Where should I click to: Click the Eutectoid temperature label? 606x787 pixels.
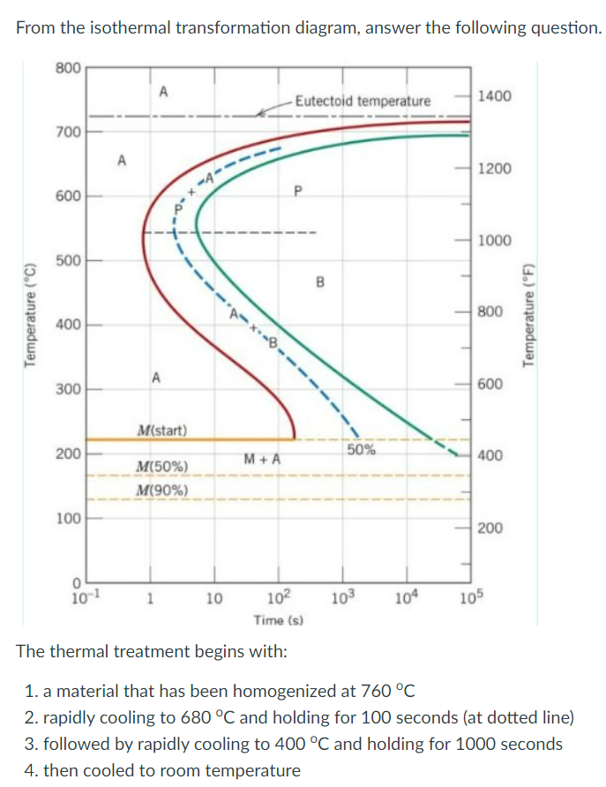click(x=363, y=101)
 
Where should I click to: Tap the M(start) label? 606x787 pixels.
click(x=161, y=431)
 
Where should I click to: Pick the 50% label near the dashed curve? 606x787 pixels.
click(x=361, y=449)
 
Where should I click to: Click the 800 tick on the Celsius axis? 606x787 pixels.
click(x=69, y=67)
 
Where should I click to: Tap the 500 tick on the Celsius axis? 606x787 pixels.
click(x=69, y=261)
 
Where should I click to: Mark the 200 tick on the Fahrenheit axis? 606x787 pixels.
click(x=490, y=528)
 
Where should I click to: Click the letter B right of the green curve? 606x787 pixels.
click(x=320, y=282)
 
